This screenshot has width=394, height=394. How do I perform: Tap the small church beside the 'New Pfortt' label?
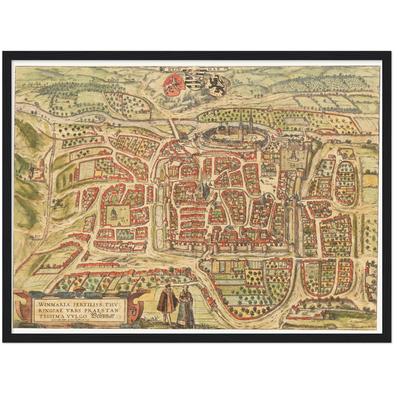click(32, 172)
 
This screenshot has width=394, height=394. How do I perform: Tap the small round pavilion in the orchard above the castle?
click(213, 112)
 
